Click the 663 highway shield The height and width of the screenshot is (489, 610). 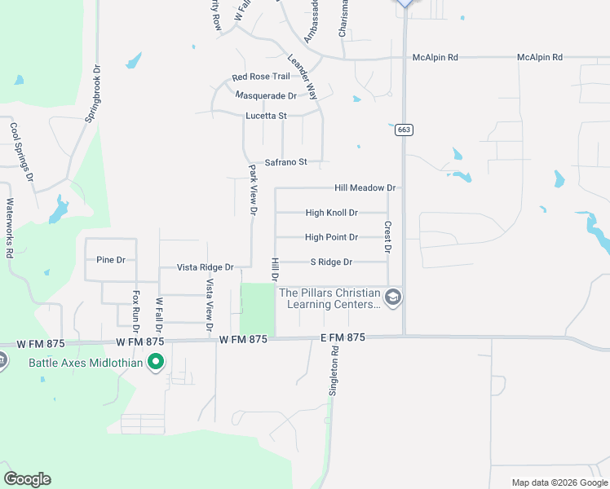[x=403, y=130]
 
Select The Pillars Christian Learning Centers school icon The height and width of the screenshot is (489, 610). [x=393, y=297]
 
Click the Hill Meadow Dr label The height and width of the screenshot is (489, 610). [x=365, y=187]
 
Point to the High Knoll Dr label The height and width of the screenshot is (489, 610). [x=331, y=213]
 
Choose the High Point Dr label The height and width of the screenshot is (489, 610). [x=331, y=237]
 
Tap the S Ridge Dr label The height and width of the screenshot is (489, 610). [x=331, y=262]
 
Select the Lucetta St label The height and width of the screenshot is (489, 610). [x=267, y=116]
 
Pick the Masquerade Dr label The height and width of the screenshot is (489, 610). [x=265, y=95]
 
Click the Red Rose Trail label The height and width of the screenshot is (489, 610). [x=261, y=77]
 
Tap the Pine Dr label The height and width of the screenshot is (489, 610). [x=110, y=260]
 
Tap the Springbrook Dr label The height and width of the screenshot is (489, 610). [x=92, y=94]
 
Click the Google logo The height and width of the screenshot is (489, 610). [x=27, y=478]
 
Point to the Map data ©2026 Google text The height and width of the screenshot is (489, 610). [x=559, y=482]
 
